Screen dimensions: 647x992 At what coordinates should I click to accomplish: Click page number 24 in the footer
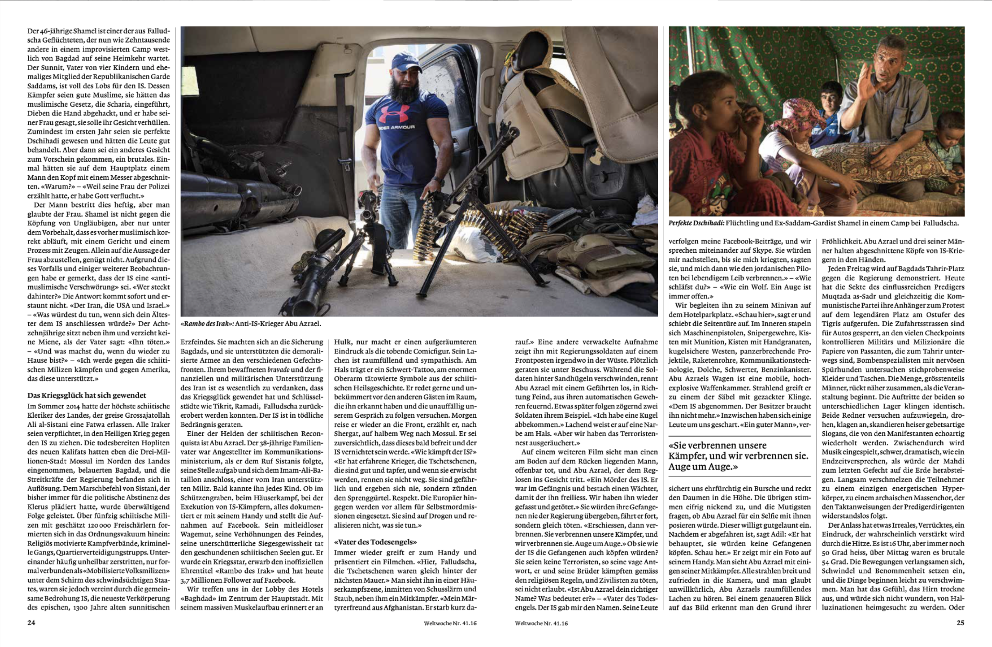coord(31,623)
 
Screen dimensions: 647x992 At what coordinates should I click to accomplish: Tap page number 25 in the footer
coord(960,623)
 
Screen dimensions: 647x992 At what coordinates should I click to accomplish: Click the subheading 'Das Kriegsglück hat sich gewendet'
coord(87,396)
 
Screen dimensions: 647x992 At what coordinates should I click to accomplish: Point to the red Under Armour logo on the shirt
coord(394,114)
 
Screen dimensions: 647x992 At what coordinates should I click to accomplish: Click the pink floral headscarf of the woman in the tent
coord(796,115)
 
